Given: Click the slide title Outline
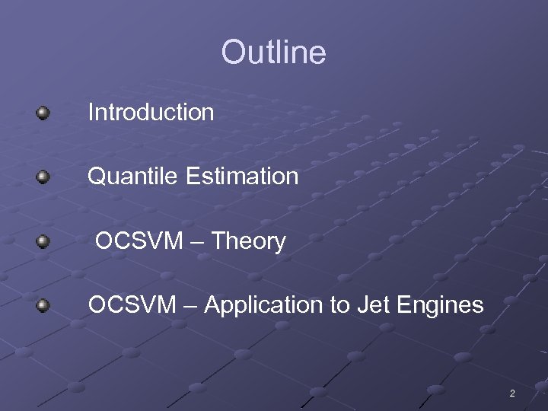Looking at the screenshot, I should pos(273,53).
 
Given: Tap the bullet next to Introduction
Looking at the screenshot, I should pos(43,113).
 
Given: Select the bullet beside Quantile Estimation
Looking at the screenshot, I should pos(43,177).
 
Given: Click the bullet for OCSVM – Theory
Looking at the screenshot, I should pos(43,242).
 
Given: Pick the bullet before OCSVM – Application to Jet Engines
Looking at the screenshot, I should pos(43,306).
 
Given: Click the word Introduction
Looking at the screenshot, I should pos(151,113).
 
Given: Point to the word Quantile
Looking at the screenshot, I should pos(133,177).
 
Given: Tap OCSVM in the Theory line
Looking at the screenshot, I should pos(139,241).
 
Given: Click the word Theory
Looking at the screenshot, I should pos(248,241).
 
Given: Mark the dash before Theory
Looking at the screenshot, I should pos(197,242).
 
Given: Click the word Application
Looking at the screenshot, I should pos(264,306).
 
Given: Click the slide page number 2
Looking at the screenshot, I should pos(511,393).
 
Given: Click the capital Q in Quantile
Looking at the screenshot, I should pos(96,177).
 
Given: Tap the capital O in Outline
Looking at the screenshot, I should pos(231,53).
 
